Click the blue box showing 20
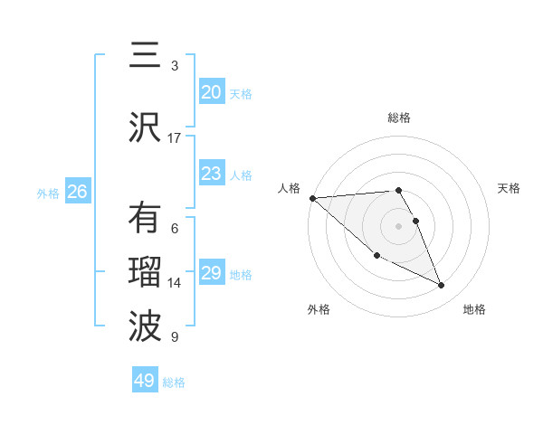(211, 92)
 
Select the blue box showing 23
(211, 174)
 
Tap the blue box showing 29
(211, 273)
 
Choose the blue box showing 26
(77, 192)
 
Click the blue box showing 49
(145, 381)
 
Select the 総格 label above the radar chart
(399, 118)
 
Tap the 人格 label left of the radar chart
(289, 188)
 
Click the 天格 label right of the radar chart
(510, 188)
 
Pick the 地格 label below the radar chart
(474, 309)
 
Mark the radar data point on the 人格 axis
(312, 198)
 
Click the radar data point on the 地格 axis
(442, 286)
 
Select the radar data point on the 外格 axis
(376, 256)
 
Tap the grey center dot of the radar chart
(399, 225)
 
